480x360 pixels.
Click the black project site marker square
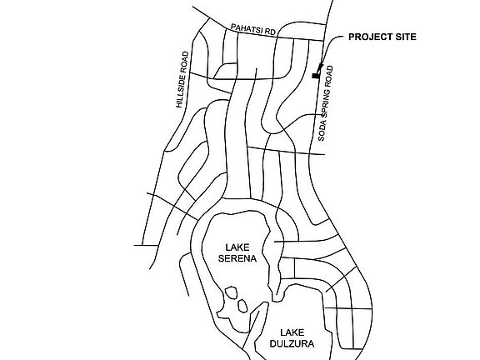[x=315, y=76]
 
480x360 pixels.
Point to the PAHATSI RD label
[x=253, y=29]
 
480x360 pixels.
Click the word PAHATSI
[x=248, y=28]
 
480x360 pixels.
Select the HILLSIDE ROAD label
[x=182, y=80]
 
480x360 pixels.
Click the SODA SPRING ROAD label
[x=325, y=103]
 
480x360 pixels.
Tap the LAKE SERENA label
[x=237, y=252]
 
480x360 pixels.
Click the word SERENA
[x=237, y=258]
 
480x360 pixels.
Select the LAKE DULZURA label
[x=292, y=338]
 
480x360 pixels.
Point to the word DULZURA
[x=292, y=344]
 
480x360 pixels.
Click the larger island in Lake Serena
[x=231, y=293]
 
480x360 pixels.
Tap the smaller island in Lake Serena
[x=242, y=306]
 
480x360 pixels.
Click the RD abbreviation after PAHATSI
[x=272, y=32]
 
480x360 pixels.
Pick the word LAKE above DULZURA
[x=292, y=332]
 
